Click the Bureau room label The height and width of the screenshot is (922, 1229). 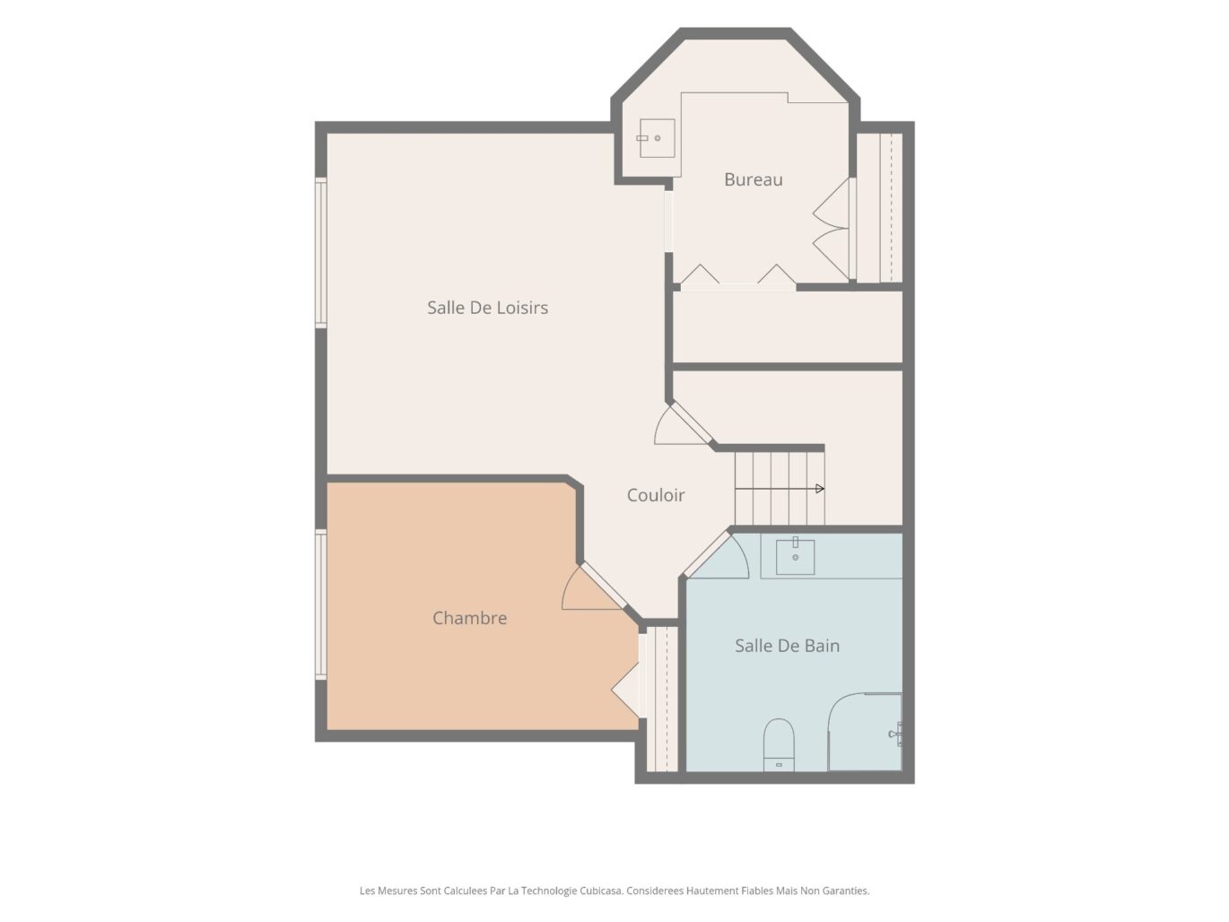tap(753, 179)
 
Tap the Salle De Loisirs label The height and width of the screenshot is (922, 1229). tap(488, 308)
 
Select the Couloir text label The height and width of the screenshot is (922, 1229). tap(656, 495)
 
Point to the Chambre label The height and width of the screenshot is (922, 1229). tap(470, 618)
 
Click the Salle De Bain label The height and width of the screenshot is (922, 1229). tap(788, 646)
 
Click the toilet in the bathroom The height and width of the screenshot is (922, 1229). tap(779, 745)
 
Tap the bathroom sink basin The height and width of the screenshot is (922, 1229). tap(795, 557)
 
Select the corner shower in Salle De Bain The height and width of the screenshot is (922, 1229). tap(865, 732)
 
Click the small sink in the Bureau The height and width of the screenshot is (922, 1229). tap(656, 138)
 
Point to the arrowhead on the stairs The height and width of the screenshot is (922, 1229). tap(820, 489)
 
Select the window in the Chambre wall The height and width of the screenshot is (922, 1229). tap(321, 604)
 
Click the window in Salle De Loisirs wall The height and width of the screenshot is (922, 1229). tap(321, 252)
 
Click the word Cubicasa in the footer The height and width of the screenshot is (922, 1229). tap(601, 890)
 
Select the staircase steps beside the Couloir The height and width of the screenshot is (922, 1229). tap(780, 488)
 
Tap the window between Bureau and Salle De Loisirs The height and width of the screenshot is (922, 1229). tap(668, 222)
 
